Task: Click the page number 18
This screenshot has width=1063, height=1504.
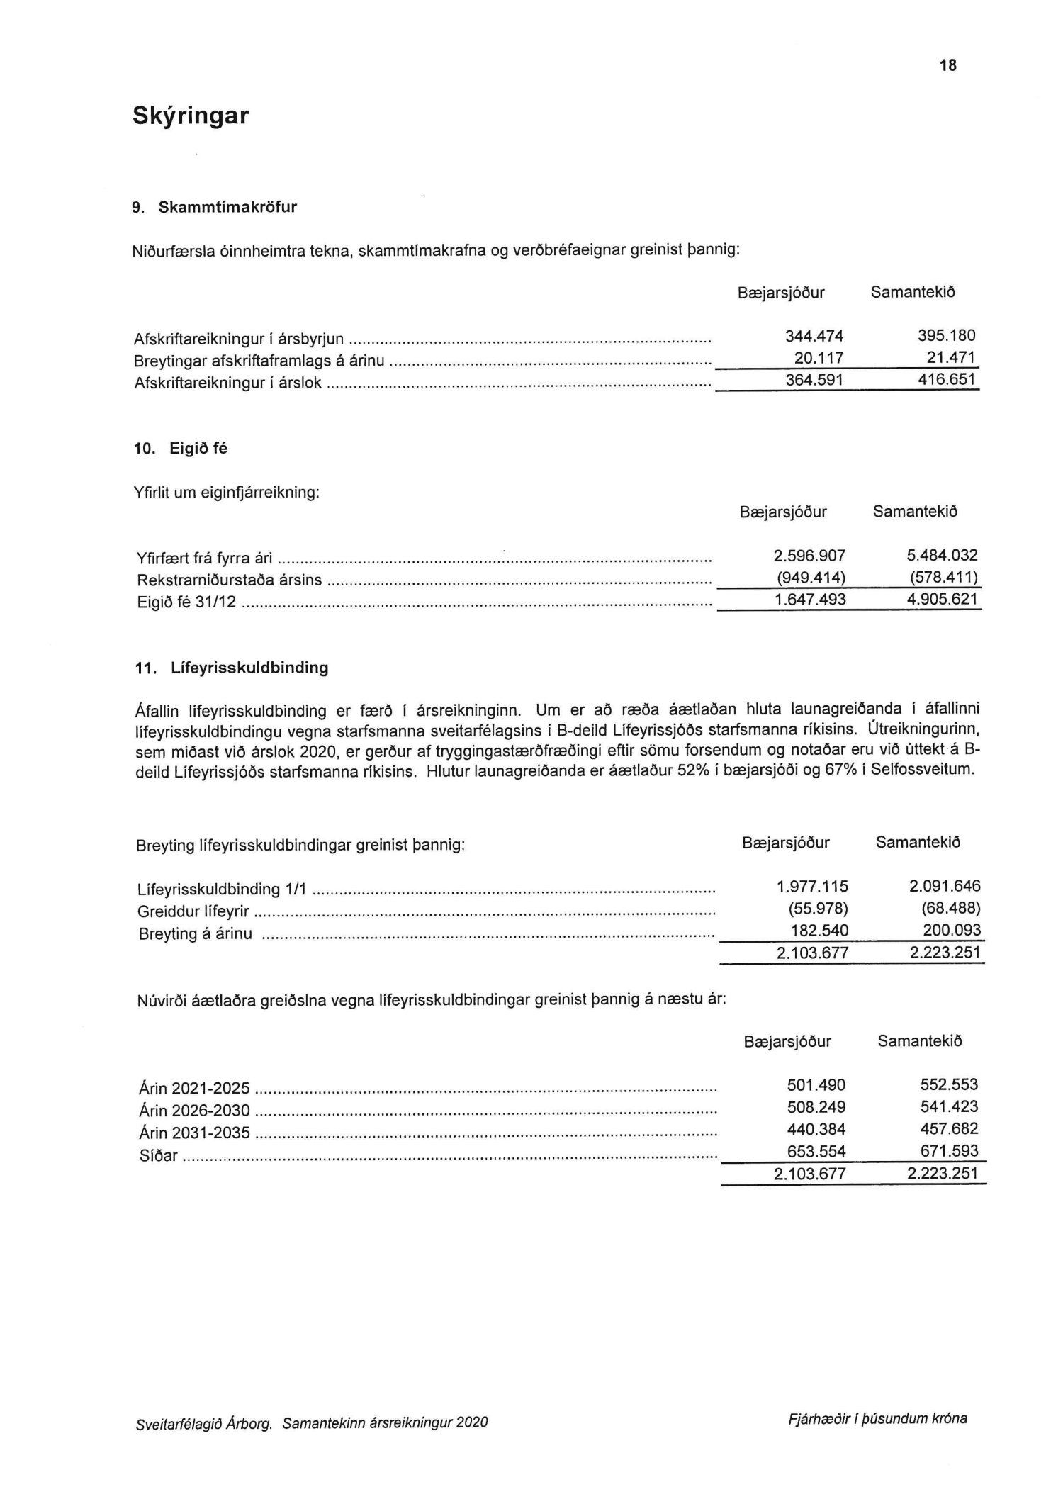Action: [947, 65]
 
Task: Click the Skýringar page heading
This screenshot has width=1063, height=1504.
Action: [191, 116]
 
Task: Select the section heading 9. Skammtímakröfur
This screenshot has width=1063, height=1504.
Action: [215, 208]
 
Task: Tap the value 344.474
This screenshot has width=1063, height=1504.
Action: [814, 336]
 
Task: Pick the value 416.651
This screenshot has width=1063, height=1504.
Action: [947, 380]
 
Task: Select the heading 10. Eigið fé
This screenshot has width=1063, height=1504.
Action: [181, 449]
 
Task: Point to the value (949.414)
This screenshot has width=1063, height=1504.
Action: [811, 578]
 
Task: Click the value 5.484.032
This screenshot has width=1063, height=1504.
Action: [937, 556]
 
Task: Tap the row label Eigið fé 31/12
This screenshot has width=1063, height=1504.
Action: [187, 603]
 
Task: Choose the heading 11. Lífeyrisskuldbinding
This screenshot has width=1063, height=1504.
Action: [232, 668]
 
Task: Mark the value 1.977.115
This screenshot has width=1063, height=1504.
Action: [812, 887]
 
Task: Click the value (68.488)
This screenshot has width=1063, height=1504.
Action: [950, 909]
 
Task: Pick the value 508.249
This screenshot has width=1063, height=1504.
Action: [816, 1107]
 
